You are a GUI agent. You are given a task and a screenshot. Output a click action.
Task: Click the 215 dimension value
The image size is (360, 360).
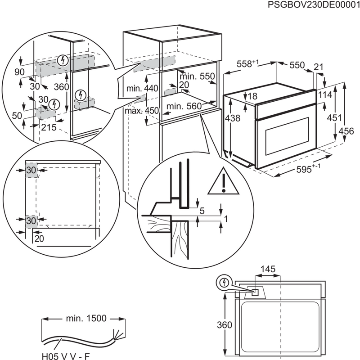pos(49,127)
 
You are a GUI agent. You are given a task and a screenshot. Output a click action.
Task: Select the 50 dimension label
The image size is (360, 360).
pos(17,116)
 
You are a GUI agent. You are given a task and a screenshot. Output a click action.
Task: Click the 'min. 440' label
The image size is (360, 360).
pos(142,89)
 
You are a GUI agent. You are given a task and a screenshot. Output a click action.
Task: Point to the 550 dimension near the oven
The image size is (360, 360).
pos(297,66)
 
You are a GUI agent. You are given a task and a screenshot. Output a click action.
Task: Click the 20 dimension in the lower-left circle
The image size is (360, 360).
pos(39,239)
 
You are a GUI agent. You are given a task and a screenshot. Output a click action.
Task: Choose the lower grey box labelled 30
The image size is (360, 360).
pos(31,220)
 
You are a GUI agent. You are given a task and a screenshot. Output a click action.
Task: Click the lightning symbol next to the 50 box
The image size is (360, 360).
pos(55,104)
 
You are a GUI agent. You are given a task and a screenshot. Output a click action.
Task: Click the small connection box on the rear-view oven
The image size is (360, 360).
pos(255,292)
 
